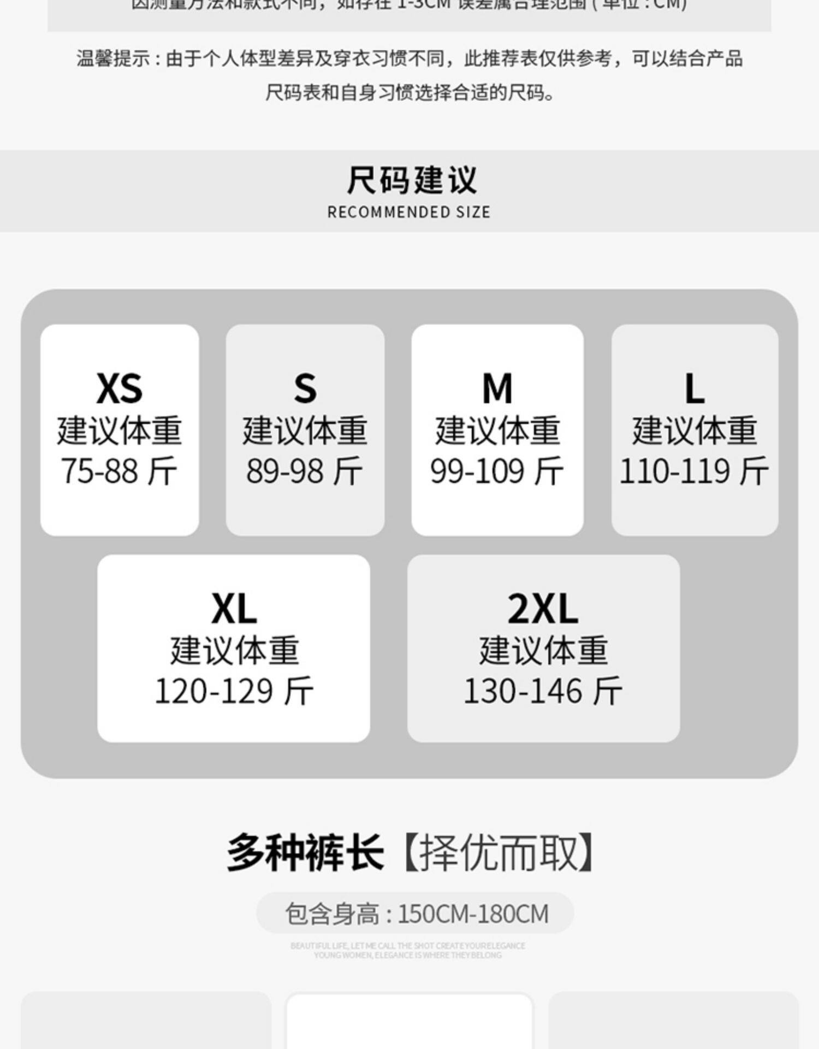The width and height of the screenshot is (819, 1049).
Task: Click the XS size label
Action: pyautogui.click(x=119, y=388)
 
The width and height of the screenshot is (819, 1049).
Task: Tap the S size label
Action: pyautogui.click(x=305, y=388)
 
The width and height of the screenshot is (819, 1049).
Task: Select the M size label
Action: pyautogui.click(x=497, y=388)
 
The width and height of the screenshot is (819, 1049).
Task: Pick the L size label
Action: pyautogui.click(x=694, y=388)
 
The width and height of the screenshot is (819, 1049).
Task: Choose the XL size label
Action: pyautogui.click(x=234, y=609)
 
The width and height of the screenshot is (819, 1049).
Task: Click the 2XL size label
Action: pyautogui.click(x=543, y=609)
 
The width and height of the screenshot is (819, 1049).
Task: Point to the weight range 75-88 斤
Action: pyautogui.click(x=119, y=471)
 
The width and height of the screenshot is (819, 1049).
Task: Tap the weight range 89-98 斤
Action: pyautogui.click(x=305, y=471)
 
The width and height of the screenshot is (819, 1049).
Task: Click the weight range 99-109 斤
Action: pyautogui.click(x=497, y=471)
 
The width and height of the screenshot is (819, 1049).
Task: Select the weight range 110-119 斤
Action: pyautogui.click(x=694, y=471)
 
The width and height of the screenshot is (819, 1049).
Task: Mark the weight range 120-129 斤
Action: pyautogui.click(x=234, y=691)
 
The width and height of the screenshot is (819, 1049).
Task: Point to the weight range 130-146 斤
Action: pyautogui.click(x=543, y=691)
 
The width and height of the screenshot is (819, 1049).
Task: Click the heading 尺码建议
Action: pyautogui.click(x=411, y=180)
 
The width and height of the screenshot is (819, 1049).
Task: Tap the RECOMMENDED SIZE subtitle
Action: pyautogui.click(x=409, y=212)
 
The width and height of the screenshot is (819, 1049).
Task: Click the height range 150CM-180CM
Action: pyautogui.click(x=473, y=914)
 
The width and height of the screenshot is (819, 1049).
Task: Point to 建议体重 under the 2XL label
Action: pyautogui.click(x=543, y=650)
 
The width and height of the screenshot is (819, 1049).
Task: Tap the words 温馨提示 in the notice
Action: pyautogui.click(x=112, y=58)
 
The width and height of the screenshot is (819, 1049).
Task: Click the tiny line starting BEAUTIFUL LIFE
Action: pyautogui.click(x=408, y=946)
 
